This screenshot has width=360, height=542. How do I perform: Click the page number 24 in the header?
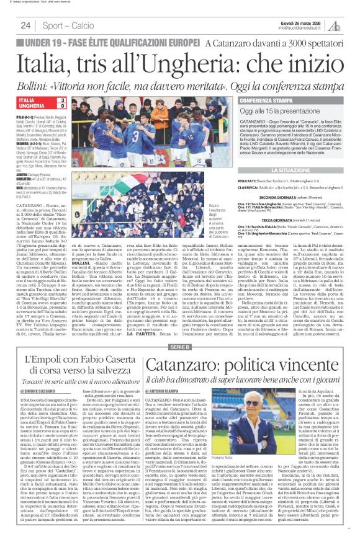(x=25, y=25)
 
